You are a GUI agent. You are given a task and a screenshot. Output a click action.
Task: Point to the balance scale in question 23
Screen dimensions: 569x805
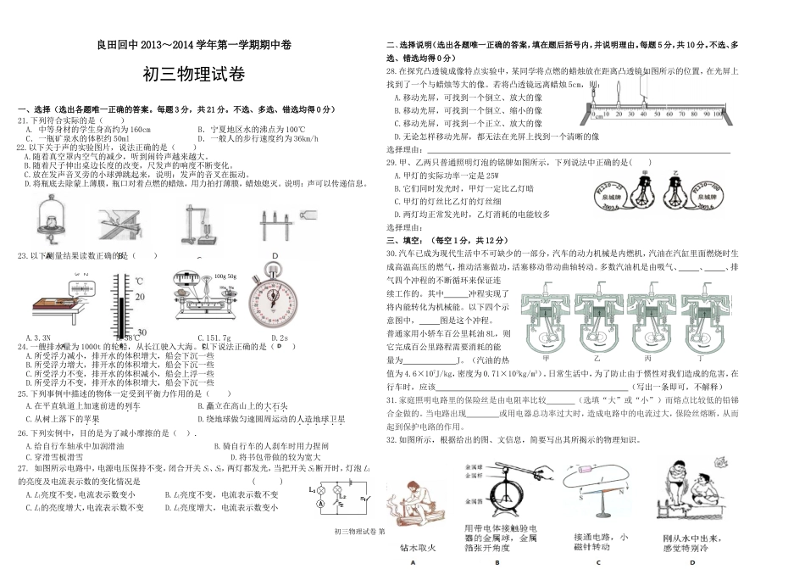coord(202,293)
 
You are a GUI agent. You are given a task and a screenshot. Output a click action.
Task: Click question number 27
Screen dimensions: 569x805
coord(22,469)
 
